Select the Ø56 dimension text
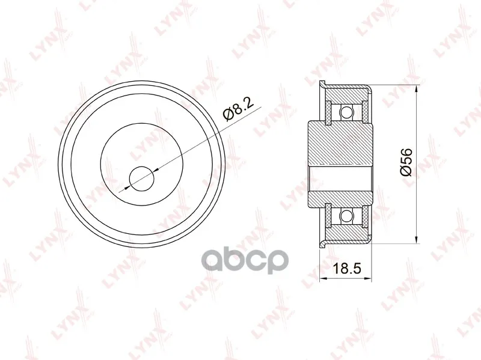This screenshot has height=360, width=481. (x=406, y=162)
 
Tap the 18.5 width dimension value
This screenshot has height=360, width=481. (x=348, y=269)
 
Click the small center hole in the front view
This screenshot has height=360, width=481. (x=141, y=178)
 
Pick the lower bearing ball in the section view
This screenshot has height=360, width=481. (x=346, y=215)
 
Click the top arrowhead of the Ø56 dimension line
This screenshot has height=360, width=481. (x=416, y=89)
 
